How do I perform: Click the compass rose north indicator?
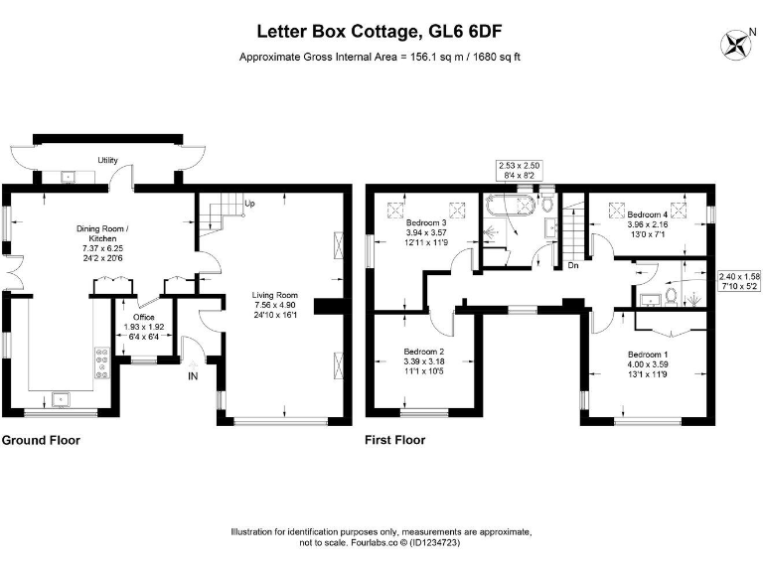[737, 43]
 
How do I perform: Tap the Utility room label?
[107, 161]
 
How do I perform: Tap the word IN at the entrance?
[194, 375]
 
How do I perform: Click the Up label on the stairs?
[249, 205]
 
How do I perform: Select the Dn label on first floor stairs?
[573, 265]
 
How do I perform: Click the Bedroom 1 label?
[647, 355]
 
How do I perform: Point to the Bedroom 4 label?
[647, 214]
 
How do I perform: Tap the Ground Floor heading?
[41, 440]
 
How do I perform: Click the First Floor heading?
[394, 440]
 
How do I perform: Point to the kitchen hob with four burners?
[100, 363]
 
